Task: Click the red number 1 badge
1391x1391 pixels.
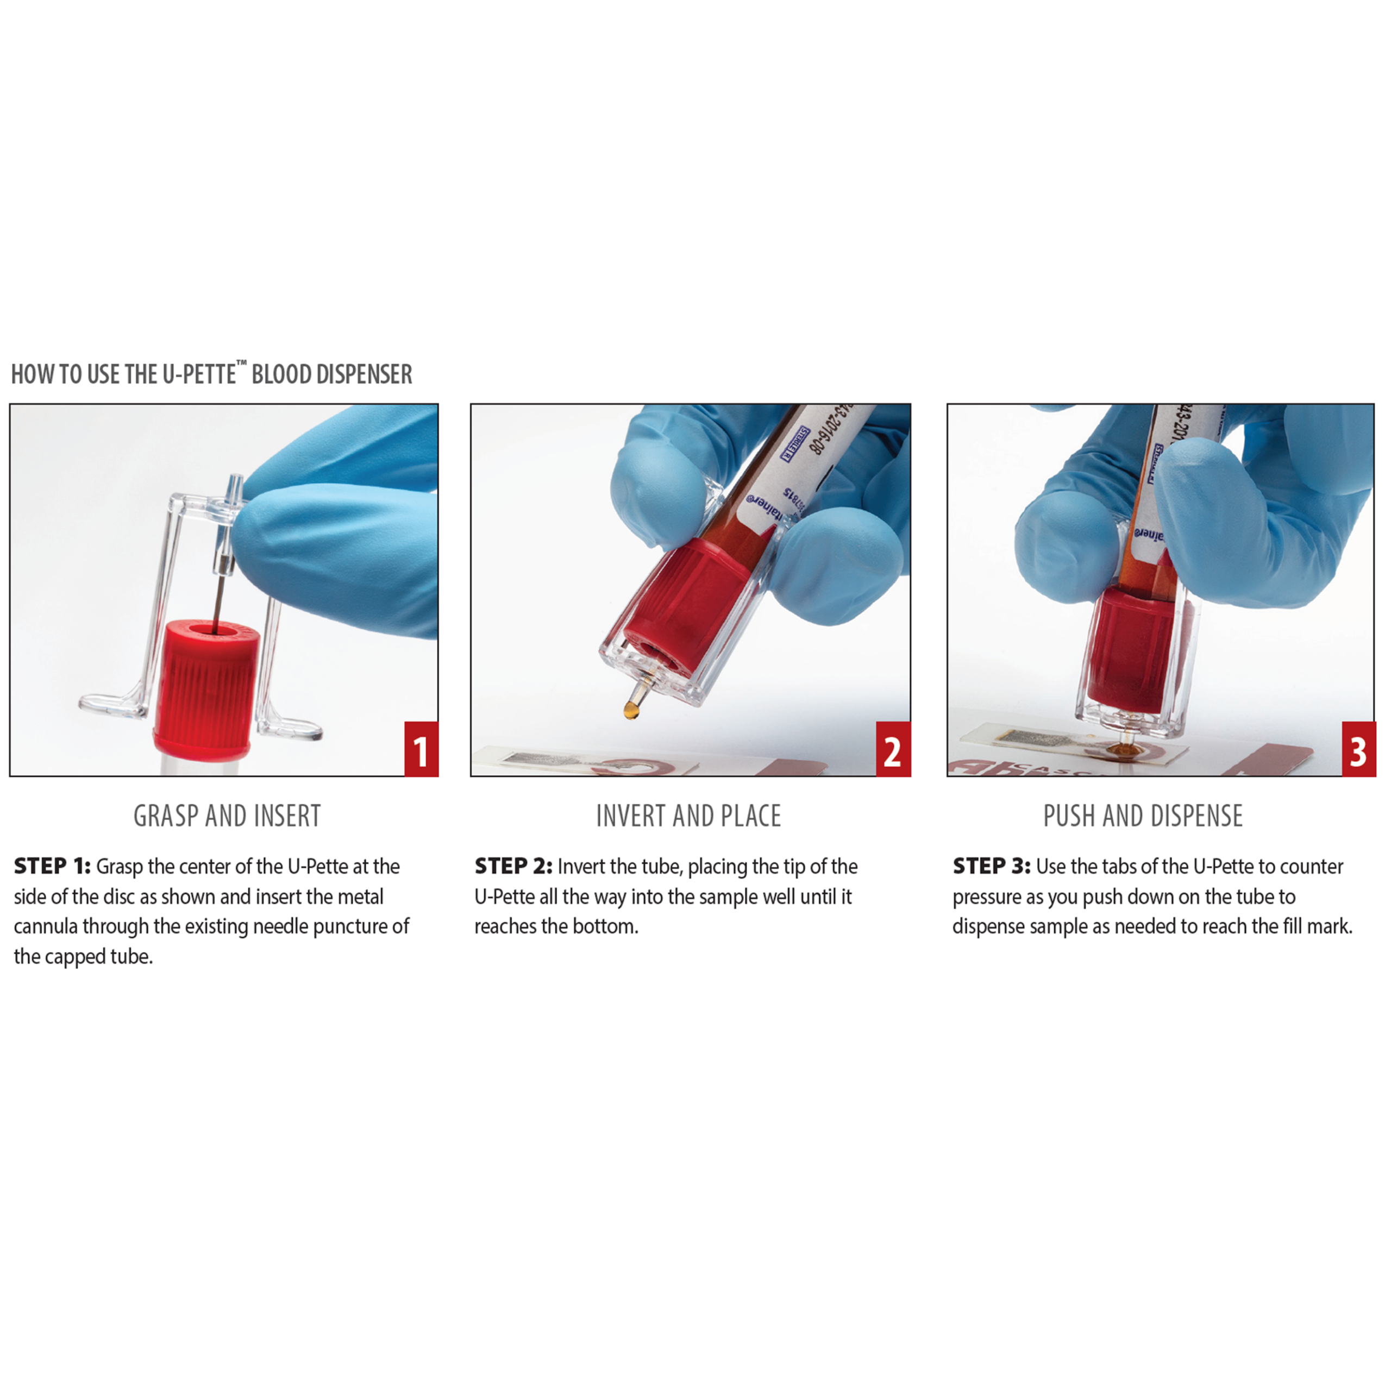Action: (421, 749)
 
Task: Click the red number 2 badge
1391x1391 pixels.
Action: (893, 749)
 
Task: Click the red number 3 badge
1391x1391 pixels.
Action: (1358, 749)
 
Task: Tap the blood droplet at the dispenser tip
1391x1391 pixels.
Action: (631, 711)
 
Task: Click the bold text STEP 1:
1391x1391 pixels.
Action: (52, 866)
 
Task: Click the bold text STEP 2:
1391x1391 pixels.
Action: (512, 866)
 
